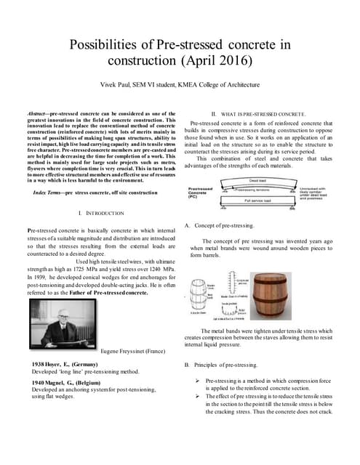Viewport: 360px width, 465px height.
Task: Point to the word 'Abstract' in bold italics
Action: (x=36, y=115)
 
